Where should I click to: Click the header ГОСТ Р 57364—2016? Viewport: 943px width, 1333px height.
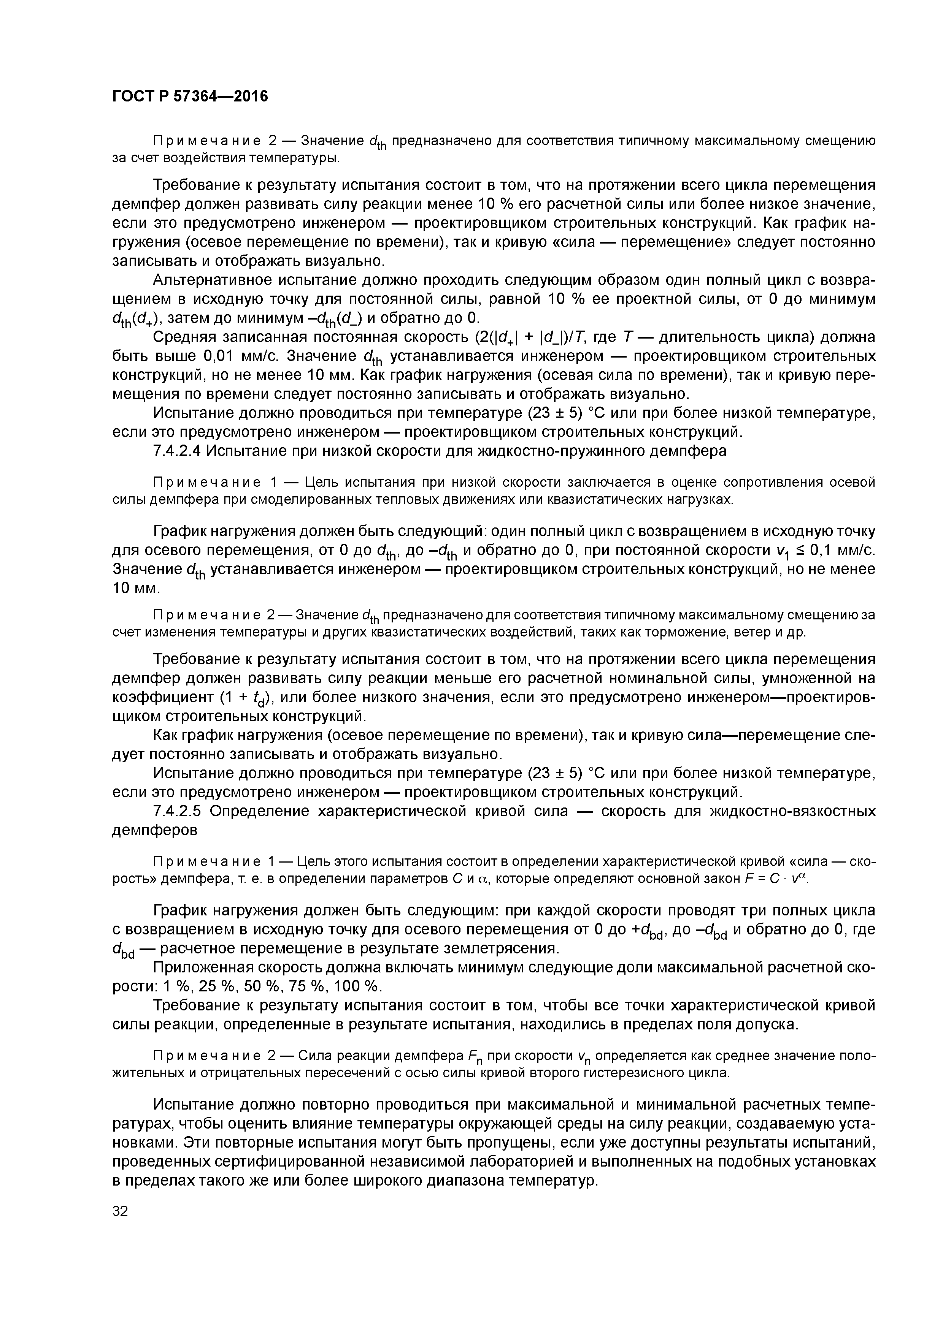coord(190,96)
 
